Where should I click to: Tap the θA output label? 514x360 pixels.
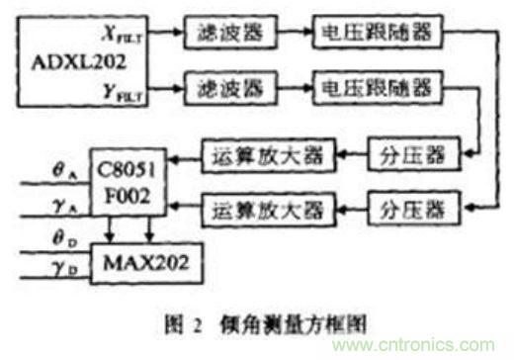[42, 168]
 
